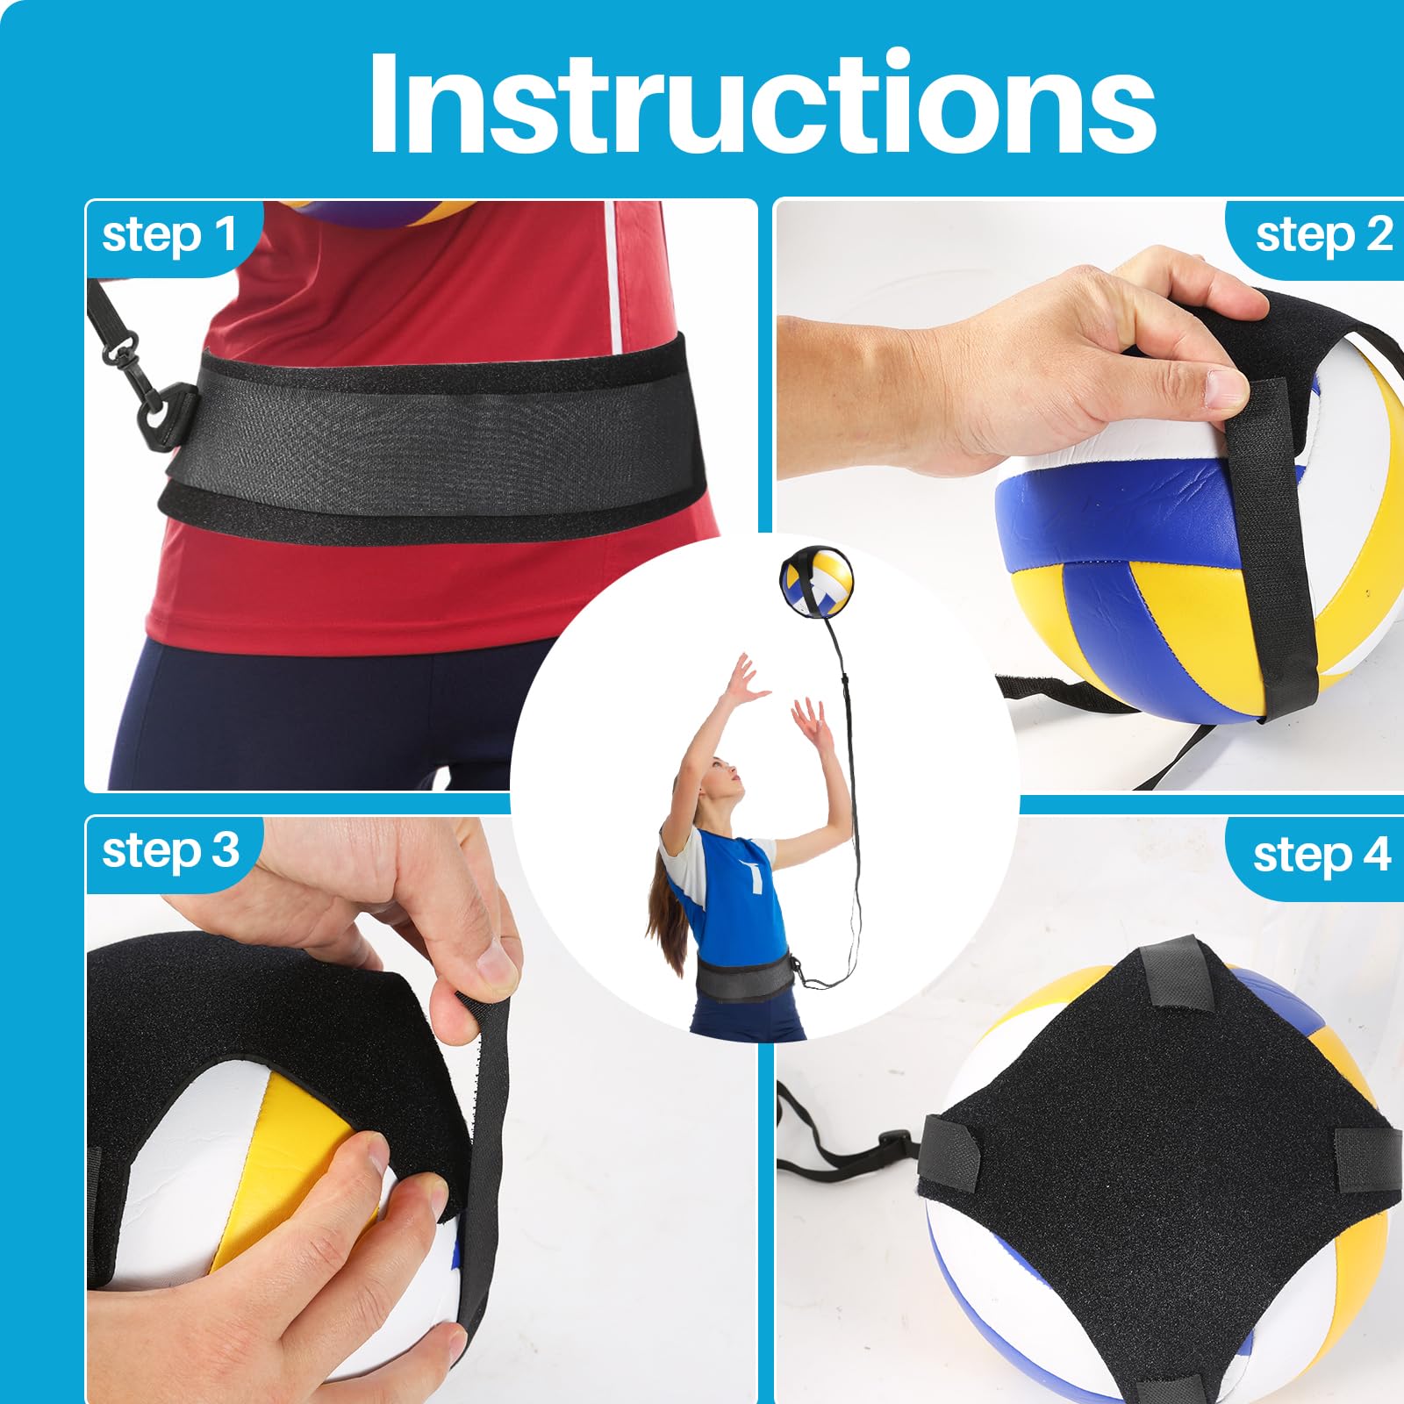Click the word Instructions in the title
pos(762,103)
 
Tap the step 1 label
pos(169,236)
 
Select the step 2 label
pos(1323,236)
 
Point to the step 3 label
pos(170,851)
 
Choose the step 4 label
pos(1322,855)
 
